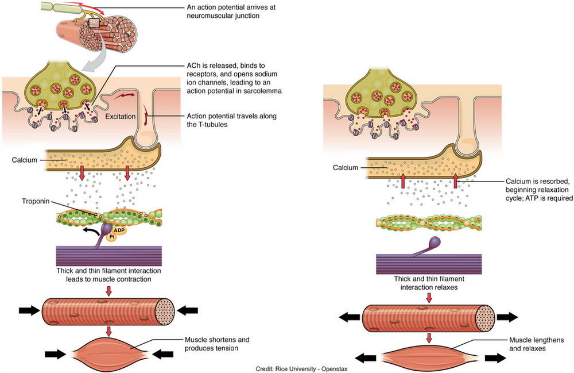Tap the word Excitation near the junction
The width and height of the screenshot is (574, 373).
click(x=121, y=117)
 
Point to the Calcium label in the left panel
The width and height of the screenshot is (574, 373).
click(x=25, y=160)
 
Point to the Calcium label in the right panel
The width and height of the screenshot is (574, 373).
click(x=346, y=168)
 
